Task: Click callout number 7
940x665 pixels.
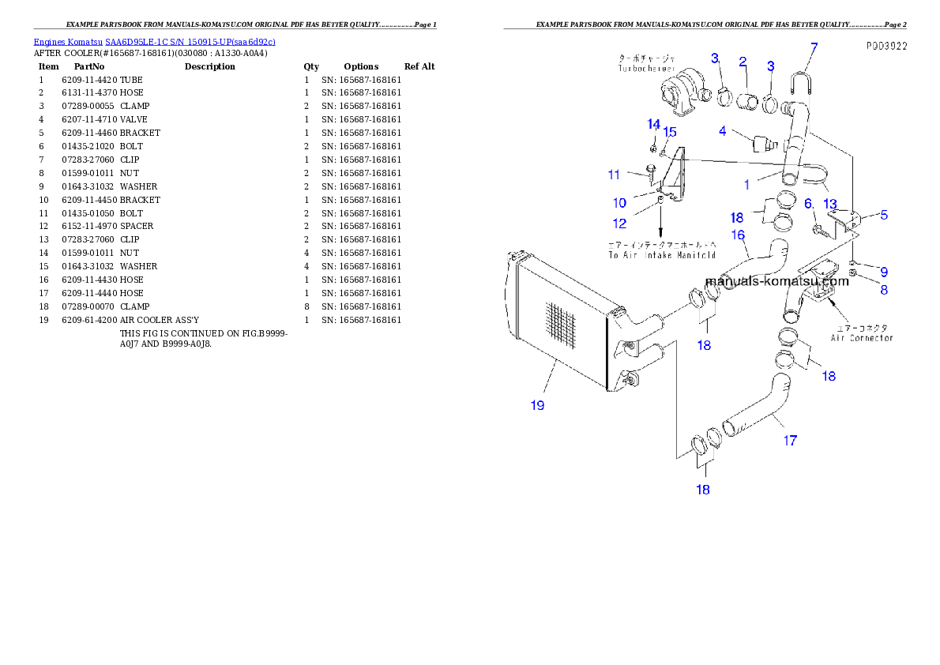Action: click(x=814, y=47)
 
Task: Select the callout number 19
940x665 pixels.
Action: click(x=537, y=405)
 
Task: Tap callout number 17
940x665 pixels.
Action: click(x=790, y=441)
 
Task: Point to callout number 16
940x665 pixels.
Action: click(x=738, y=235)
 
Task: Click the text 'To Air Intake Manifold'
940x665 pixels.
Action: click(x=662, y=255)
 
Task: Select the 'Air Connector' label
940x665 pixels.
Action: click(x=862, y=337)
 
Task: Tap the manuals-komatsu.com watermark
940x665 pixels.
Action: click(x=776, y=280)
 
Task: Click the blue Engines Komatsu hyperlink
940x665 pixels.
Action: click(x=155, y=42)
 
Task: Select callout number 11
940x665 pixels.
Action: click(x=614, y=175)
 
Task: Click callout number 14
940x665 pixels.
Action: click(x=653, y=124)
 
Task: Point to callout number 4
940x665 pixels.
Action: click(x=723, y=131)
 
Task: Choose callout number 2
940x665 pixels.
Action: click(x=743, y=62)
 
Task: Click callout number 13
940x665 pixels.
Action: click(x=829, y=204)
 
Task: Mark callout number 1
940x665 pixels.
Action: click(x=746, y=185)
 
